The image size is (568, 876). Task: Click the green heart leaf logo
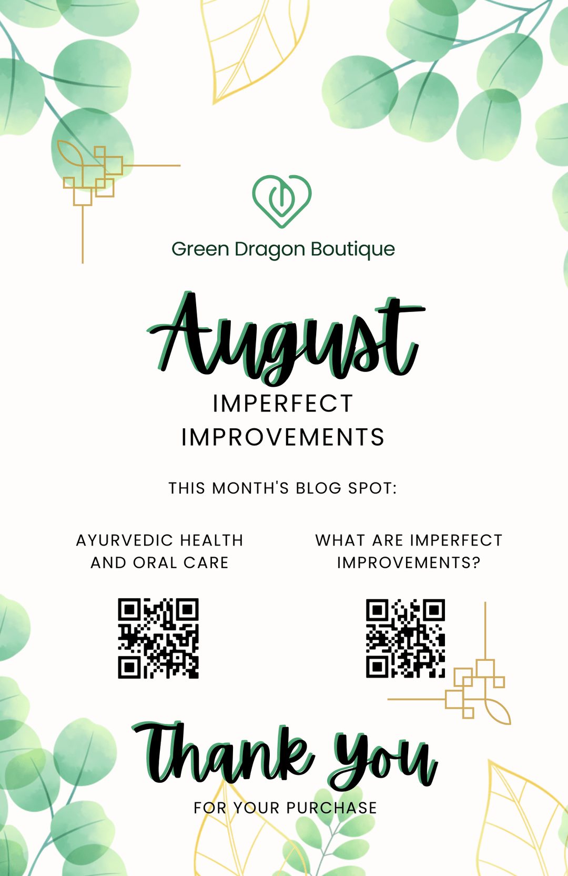point(281,201)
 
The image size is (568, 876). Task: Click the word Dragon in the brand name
point(270,250)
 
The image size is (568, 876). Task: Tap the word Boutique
point(352,249)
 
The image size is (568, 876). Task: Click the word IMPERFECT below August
point(282,404)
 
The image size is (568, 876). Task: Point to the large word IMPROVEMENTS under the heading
point(282,437)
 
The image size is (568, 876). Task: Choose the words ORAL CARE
point(180,563)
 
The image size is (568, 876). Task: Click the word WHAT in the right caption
point(340,540)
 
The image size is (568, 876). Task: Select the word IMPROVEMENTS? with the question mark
point(409,563)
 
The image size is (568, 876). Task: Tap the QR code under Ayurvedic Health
point(158,638)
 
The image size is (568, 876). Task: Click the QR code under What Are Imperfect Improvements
point(405,638)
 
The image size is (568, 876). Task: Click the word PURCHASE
point(331,808)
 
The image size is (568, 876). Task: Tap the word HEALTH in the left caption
point(211,540)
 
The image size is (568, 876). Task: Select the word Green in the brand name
point(200,249)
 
